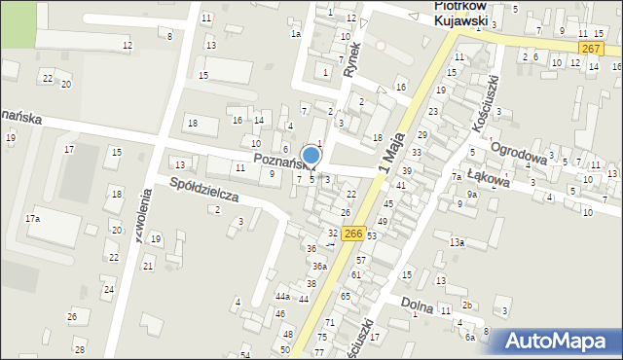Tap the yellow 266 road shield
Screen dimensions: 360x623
tap(353, 234)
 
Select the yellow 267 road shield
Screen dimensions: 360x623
tap(589, 48)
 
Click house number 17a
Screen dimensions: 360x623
tap(32, 219)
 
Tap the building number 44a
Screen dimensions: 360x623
tap(282, 297)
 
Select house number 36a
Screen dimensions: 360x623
tap(318, 266)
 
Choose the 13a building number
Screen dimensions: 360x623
tap(457, 242)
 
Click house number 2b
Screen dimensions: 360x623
tap(467, 306)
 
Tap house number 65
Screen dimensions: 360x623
tap(345, 296)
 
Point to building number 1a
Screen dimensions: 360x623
tap(296, 34)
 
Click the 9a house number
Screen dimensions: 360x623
tap(471, 194)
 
